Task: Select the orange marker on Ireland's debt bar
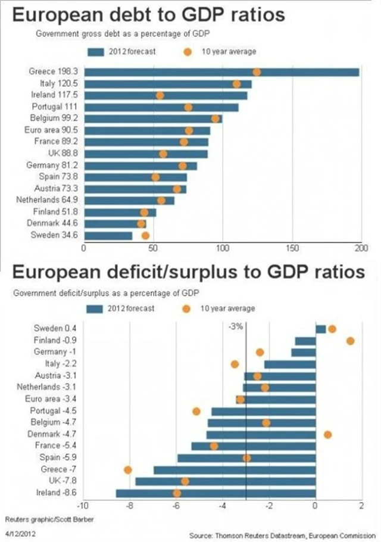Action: click(x=160, y=95)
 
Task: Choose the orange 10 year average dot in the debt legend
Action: click(x=188, y=52)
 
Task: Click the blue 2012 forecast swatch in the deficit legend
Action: click(x=95, y=309)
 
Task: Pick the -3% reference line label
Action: click(x=236, y=326)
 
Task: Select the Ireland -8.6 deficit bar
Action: click(x=216, y=493)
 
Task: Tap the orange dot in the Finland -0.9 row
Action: click(x=351, y=341)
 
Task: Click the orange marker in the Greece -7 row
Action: click(x=127, y=470)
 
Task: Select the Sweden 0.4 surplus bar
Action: click(x=320, y=329)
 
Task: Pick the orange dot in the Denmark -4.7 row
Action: click(x=327, y=434)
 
